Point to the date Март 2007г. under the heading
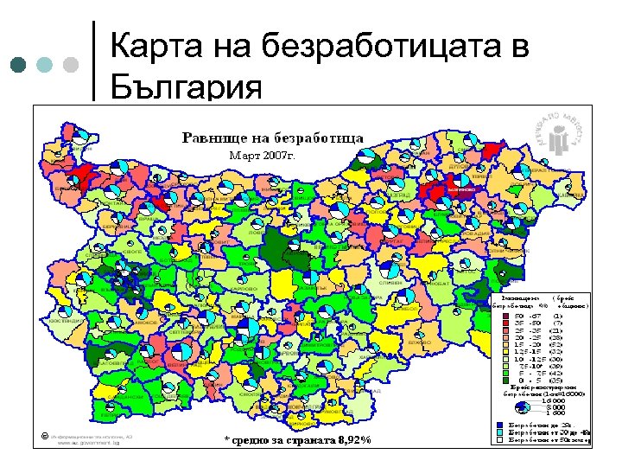pos(262,157)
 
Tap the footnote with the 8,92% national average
pos(297,440)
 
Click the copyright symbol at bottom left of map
pos(42,435)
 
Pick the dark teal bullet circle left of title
pos(20,65)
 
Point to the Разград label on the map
pos(399,195)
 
